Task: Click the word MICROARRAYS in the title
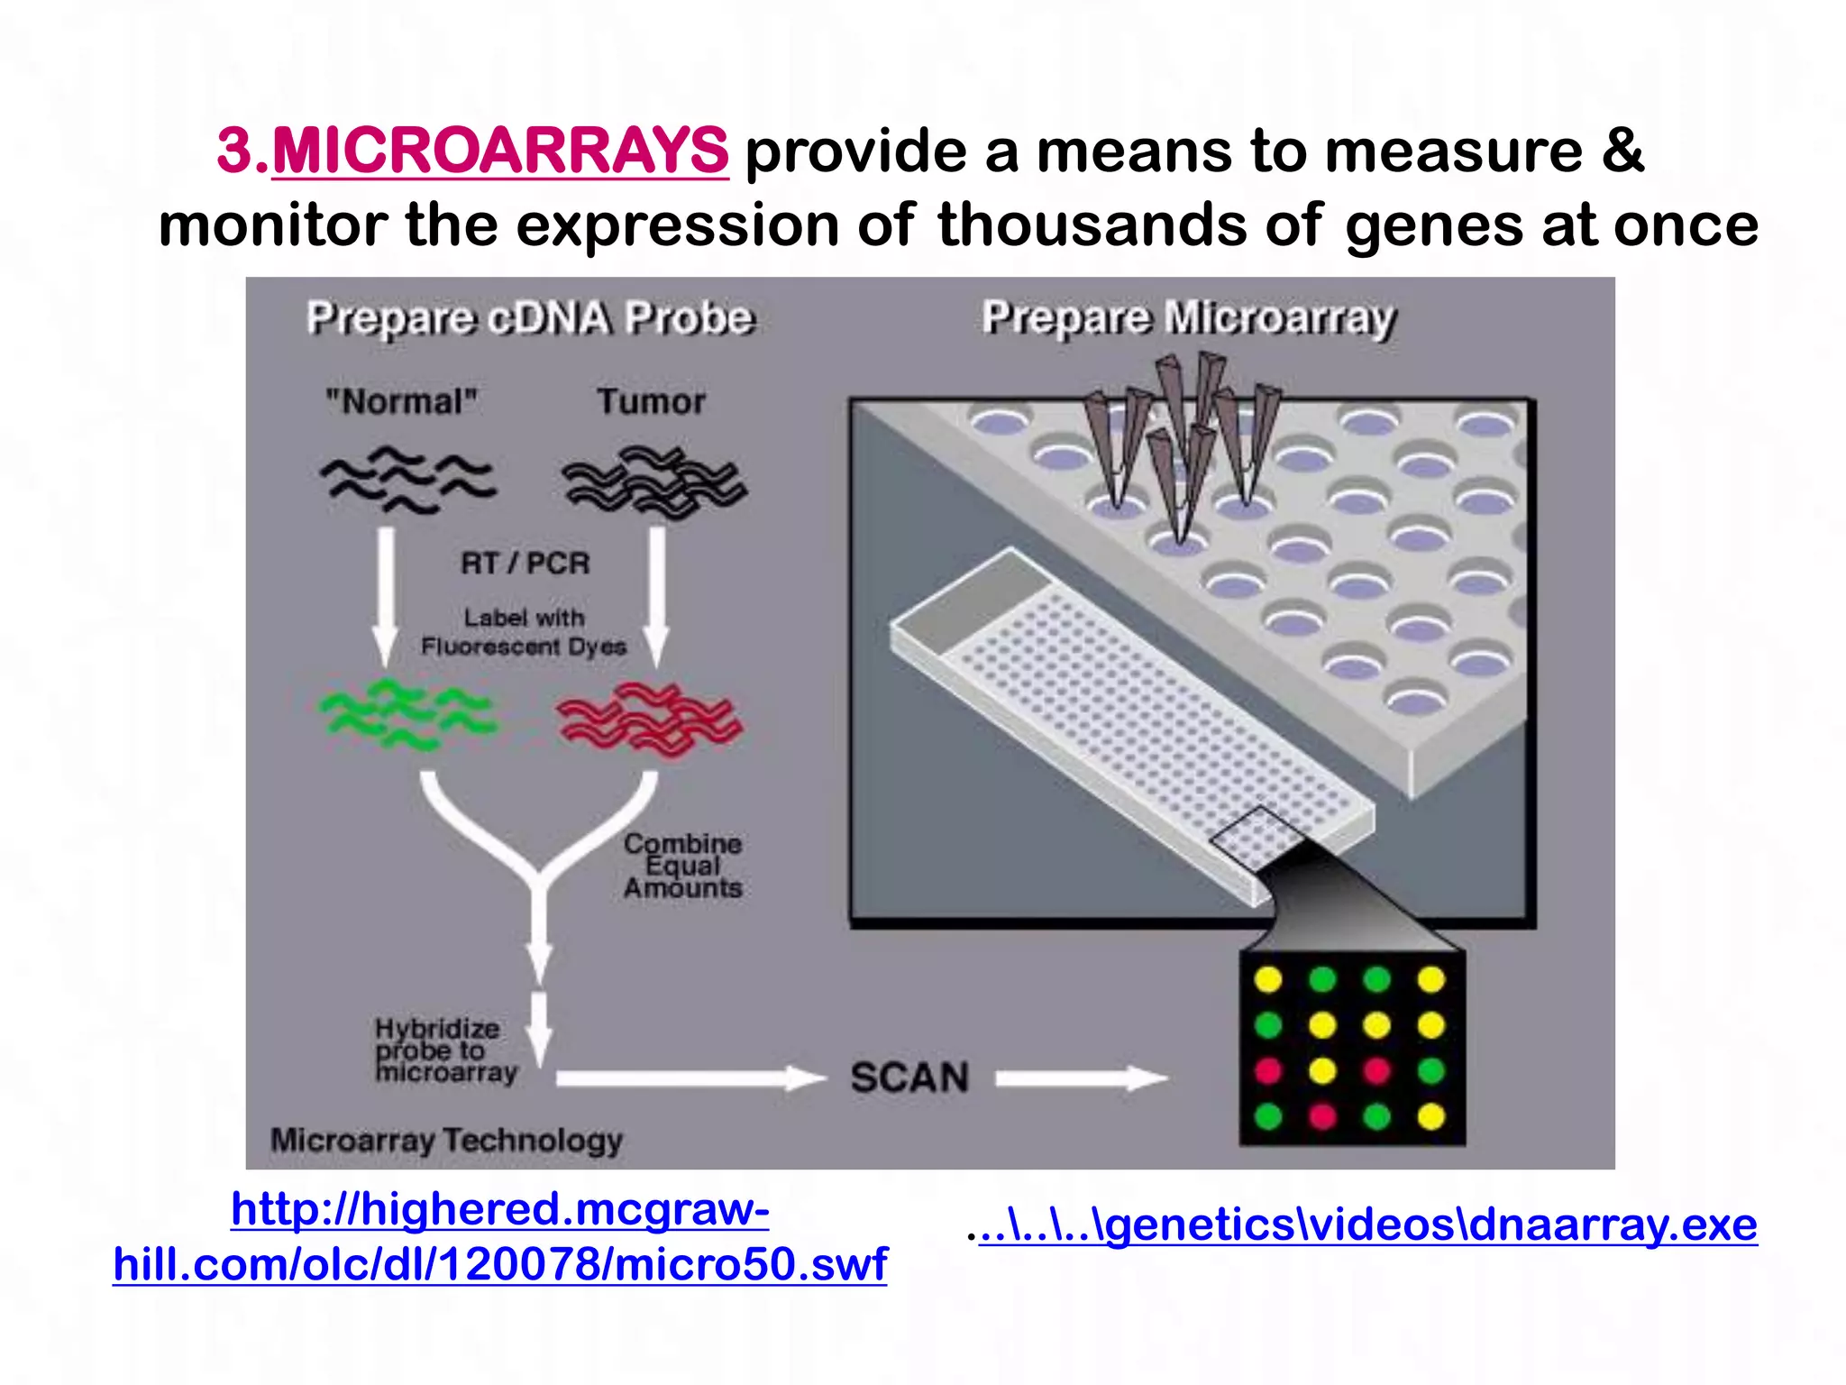499,151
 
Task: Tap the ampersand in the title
1622,151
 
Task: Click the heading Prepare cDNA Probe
530,318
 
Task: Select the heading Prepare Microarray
1188,318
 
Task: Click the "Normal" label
402,401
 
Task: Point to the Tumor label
651,401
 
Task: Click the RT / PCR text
525,564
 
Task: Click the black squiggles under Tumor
654,482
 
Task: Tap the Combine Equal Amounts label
682,866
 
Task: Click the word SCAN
909,1078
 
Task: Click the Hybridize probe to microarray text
444,1050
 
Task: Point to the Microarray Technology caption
446,1141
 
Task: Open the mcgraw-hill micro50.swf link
500,1237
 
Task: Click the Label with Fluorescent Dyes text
524,632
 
